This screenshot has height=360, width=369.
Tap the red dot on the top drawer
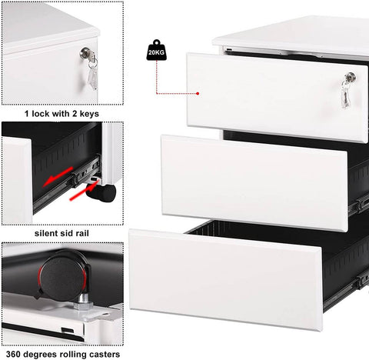point(198,94)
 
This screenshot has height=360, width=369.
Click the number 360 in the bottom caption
point(14,355)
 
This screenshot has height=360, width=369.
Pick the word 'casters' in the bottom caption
point(102,355)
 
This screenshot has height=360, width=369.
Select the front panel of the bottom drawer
point(227,273)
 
